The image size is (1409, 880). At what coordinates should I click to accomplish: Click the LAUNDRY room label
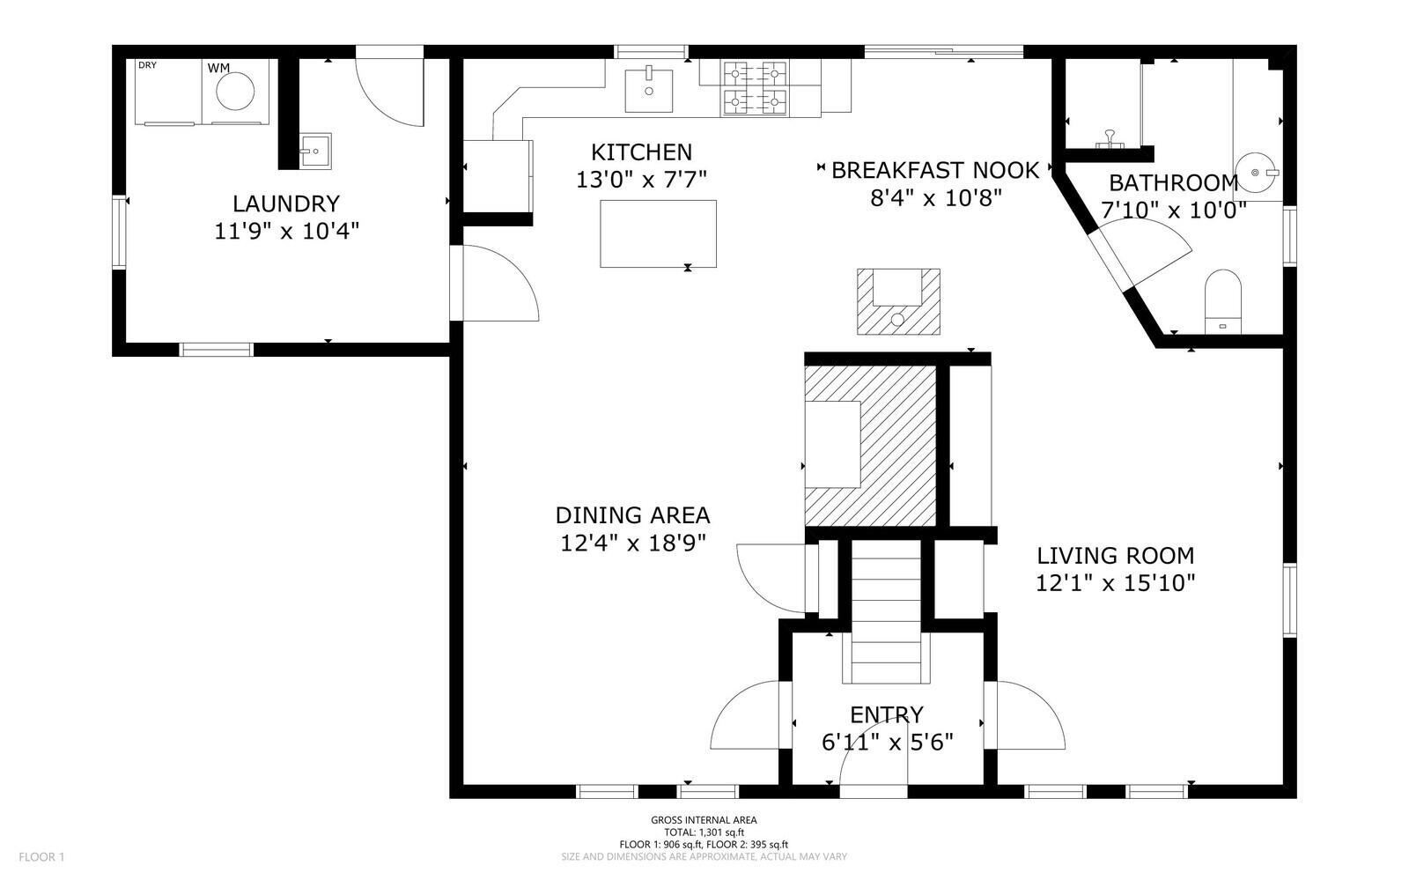[285, 203]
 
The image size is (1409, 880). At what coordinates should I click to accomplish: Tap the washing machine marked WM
[235, 91]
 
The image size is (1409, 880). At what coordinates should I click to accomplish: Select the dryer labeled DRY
[168, 92]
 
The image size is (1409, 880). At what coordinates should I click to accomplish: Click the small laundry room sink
[314, 151]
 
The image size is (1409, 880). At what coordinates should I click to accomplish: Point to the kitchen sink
[648, 91]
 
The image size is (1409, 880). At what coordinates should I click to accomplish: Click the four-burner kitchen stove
[755, 88]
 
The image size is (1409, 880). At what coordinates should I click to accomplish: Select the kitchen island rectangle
[658, 233]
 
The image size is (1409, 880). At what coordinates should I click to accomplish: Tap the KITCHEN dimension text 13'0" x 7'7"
[641, 180]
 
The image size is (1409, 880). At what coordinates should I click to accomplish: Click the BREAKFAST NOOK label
[935, 170]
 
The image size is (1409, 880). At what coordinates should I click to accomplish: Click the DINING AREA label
[632, 515]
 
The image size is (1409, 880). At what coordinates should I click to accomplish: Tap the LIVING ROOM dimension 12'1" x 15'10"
[1115, 583]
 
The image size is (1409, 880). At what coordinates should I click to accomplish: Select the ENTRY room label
[886, 714]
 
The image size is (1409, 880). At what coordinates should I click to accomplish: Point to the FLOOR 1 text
[41, 856]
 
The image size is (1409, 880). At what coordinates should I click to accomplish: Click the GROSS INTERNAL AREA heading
[704, 820]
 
